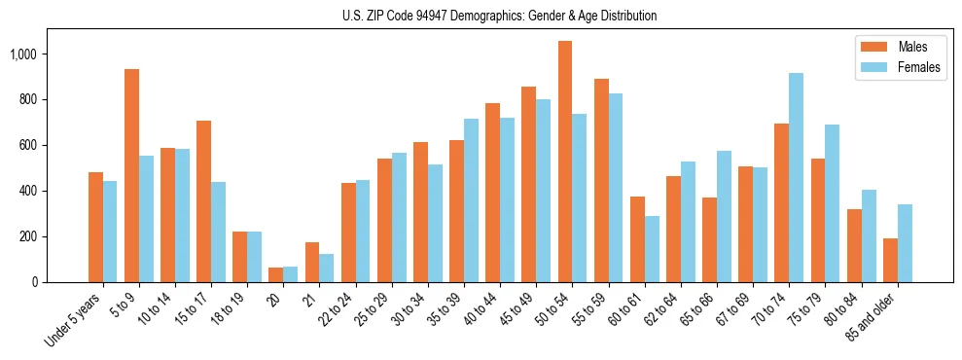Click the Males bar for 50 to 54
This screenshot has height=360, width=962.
pyautogui.click(x=565, y=162)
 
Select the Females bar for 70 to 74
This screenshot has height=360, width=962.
pyautogui.click(x=796, y=178)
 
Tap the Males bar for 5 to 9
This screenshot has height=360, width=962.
pyautogui.click(x=131, y=176)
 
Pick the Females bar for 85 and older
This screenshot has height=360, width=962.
pyautogui.click(x=905, y=243)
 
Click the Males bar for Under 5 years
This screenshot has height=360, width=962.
pyautogui.click(x=95, y=228)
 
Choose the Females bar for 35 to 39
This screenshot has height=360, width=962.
pyautogui.click(x=471, y=200)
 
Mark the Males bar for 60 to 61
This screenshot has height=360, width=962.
pyautogui.click(x=637, y=239)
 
